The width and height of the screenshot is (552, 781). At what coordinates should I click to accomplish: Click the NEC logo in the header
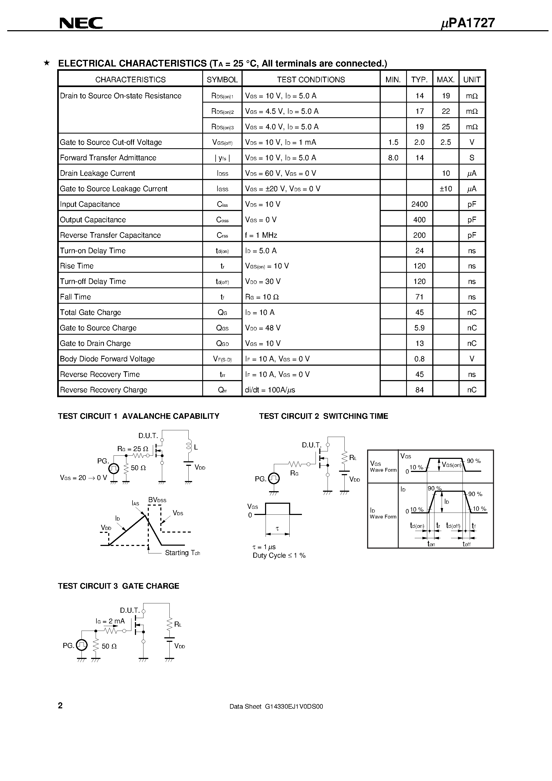[81, 23]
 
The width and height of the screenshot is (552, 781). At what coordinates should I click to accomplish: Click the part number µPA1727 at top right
[468, 23]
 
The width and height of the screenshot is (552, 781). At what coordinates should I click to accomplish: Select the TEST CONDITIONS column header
[311, 80]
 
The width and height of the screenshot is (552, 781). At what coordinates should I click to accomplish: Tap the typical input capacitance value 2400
[419, 204]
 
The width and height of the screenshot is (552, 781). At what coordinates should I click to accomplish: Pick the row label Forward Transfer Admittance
[108, 158]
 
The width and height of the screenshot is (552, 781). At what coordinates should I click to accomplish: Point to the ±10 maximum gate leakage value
[445, 189]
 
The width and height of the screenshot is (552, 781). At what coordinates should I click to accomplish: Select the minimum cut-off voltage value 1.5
[393, 142]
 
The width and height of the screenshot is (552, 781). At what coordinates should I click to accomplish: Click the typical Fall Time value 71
[419, 297]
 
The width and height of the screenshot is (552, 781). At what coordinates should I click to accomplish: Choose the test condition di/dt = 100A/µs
[270, 390]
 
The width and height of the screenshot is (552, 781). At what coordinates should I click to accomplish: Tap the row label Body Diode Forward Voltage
[107, 359]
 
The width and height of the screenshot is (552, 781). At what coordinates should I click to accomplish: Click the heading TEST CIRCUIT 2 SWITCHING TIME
[323, 416]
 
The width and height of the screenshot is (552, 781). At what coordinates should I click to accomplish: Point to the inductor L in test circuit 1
[189, 447]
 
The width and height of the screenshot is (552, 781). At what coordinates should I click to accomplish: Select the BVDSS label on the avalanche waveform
[157, 500]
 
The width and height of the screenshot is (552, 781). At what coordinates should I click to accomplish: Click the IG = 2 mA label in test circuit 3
[110, 621]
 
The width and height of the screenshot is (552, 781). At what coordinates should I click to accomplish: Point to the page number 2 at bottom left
[60, 705]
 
